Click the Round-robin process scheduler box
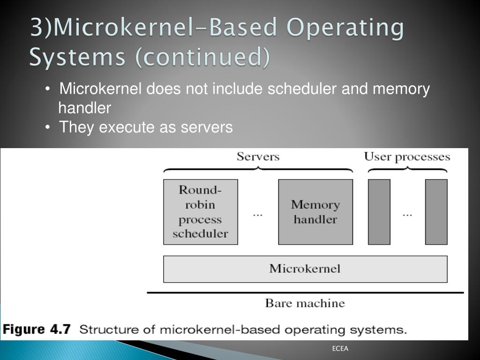[x=200, y=212]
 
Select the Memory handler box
[x=315, y=212]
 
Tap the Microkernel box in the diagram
[x=305, y=269]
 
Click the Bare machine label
[x=305, y=303]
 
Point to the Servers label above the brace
[x=258, y=157]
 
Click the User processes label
[x=407, y=157]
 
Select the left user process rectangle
[x=379, y=212]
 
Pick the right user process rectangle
[x=436, y=212]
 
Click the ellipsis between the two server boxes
[x=258, y=214]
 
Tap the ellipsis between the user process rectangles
[x=407, y=214]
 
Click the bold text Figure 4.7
[x=37, y=330]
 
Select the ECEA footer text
[x=340, y=349]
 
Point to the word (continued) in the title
[x=202, y=58]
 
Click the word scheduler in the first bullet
[x=302, y=89]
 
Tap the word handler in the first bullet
[x=84, y=108]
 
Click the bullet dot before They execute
[x=48, y=127]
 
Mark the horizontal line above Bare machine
[x=305, y=292]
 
